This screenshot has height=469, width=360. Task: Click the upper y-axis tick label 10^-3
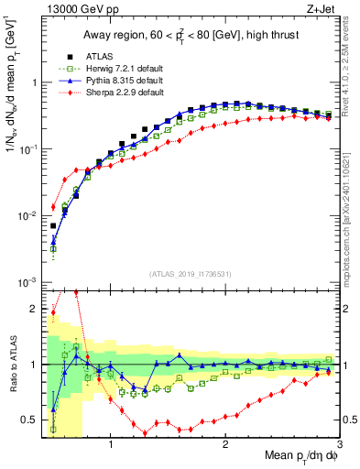pyautogui.click(x=27, y=282)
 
